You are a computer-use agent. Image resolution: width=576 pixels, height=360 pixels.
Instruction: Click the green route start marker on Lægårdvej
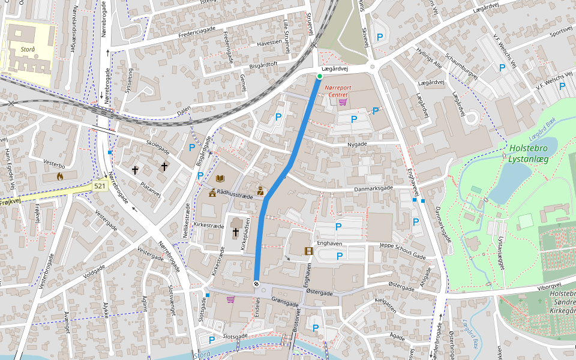(x=320, y=76)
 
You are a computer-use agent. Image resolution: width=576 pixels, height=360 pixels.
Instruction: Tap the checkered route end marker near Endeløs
(x=256, y=284)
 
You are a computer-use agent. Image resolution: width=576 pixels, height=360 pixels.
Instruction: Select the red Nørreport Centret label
(x=336, y=91)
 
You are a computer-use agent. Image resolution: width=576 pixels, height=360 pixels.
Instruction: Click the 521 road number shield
(x=100, y=187)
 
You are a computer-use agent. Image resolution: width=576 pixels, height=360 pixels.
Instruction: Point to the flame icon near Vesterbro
(x=59, y=176)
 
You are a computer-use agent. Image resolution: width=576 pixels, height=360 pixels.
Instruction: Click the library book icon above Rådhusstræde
(x=220, y=178)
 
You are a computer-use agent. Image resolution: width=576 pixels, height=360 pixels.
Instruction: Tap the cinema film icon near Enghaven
(x=308, y=251)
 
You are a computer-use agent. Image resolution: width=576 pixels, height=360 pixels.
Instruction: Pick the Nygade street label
(x=356, y=145)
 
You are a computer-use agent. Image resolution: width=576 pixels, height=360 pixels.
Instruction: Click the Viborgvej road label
(x=552, y=287)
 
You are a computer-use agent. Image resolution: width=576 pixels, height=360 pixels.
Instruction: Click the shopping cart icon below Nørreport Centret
(x=343, y=102)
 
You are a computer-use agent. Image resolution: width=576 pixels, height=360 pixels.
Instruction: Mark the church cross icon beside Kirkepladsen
(x=236, y=232)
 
